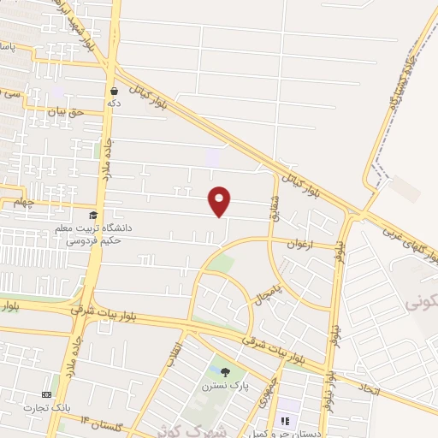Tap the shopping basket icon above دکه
pos(114,90)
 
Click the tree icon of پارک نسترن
pos(225,372)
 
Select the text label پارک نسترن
pos(224,387)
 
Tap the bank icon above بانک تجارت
pos(46,394)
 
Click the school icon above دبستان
pos(285,420)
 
